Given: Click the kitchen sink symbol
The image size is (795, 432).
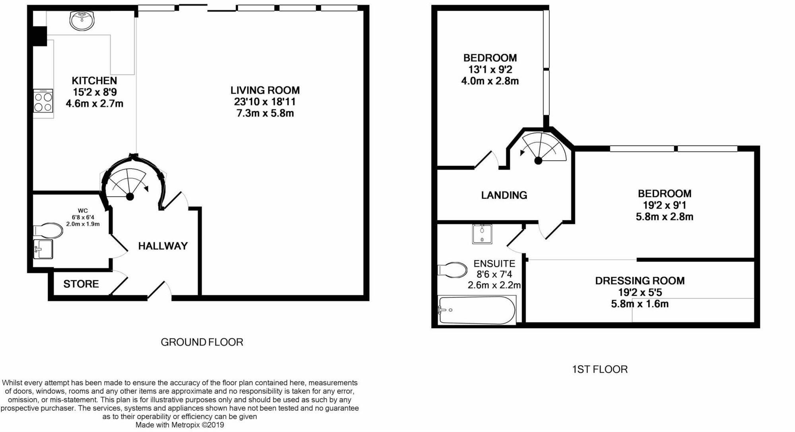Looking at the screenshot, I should (82, 20).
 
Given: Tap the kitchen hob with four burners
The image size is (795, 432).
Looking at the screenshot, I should (43, 101).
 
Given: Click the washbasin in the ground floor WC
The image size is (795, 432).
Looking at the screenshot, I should (43, 249).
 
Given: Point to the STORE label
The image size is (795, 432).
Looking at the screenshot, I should (81, 284).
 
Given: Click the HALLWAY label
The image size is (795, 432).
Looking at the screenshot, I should (163, 246).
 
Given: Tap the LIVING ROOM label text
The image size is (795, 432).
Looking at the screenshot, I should (265, 90).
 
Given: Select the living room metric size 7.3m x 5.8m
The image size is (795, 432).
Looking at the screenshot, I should (265, 113).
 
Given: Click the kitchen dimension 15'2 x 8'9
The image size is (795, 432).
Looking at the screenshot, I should (95, 92).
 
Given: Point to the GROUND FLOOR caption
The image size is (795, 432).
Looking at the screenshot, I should (202, 342).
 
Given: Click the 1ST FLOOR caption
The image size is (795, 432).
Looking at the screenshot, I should (600, 370).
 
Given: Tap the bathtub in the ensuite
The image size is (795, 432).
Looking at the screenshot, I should (477, 310).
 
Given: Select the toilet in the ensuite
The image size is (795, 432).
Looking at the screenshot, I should (452, 270).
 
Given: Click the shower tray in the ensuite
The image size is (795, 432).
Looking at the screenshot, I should (482, 234).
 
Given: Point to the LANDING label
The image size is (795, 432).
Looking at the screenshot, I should (504, 195).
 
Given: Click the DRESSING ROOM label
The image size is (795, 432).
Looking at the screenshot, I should (640, 281).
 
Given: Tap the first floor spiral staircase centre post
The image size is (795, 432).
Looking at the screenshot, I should (538, 161).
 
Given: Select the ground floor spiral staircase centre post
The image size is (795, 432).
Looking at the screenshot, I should (130, 197).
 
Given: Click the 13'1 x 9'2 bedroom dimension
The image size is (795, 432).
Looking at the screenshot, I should (490, 70).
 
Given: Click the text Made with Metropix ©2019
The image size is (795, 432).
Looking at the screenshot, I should (180, 425).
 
